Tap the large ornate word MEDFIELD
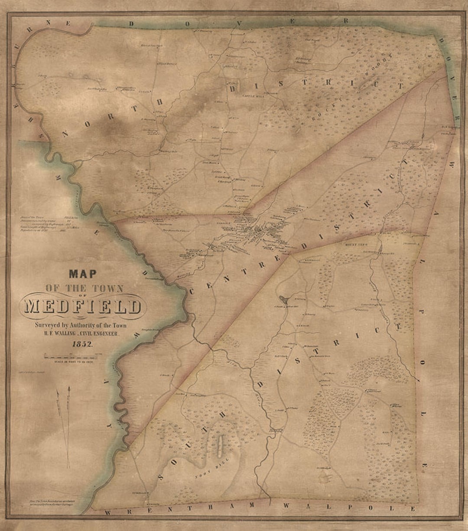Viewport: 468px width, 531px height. click(83, 306)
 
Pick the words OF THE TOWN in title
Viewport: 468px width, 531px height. click(84, 288)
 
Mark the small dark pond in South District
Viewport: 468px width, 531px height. click(283, 299)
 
